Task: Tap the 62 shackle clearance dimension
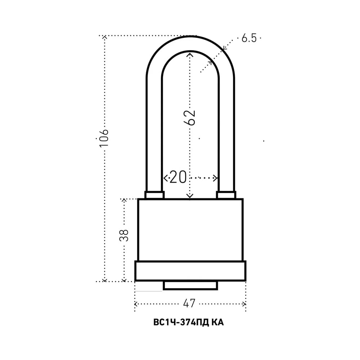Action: [190, 118]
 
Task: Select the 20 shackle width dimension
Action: [178, 177]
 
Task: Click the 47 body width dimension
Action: [189, 303]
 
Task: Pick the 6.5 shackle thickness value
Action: [249, 38]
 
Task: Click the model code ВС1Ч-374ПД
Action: [181, 322]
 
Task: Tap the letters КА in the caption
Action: [217, 322]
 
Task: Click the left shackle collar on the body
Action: [154, 195]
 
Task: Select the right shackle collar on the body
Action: [226, 195]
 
